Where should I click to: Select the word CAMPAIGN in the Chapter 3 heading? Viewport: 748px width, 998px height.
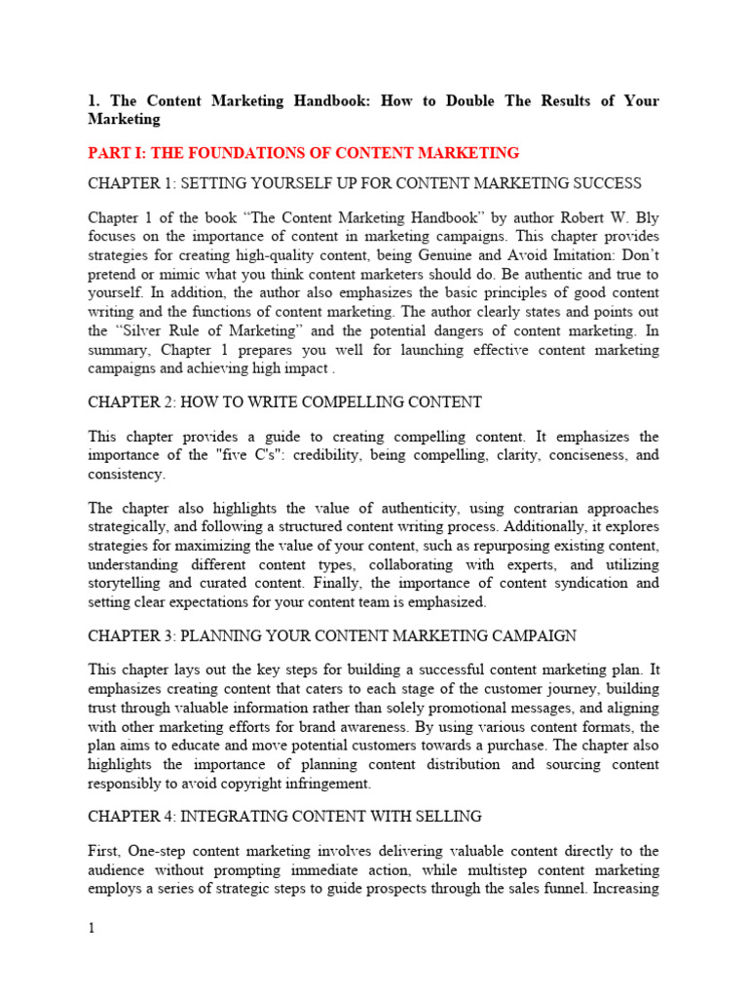(527, 635)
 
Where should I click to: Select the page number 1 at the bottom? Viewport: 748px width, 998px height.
(92, 928)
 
